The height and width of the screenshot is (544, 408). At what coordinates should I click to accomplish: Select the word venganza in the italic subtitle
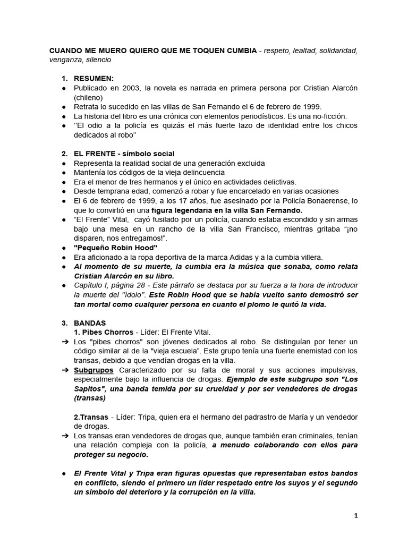pos(65,60)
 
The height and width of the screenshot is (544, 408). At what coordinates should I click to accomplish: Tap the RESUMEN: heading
pos(93,79)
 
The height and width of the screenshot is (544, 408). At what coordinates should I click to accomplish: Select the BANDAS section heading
pos(90,323)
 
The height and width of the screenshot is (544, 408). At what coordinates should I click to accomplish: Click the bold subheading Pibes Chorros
pos(103,332)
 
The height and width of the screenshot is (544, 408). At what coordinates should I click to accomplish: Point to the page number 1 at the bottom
pos(356,515)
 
